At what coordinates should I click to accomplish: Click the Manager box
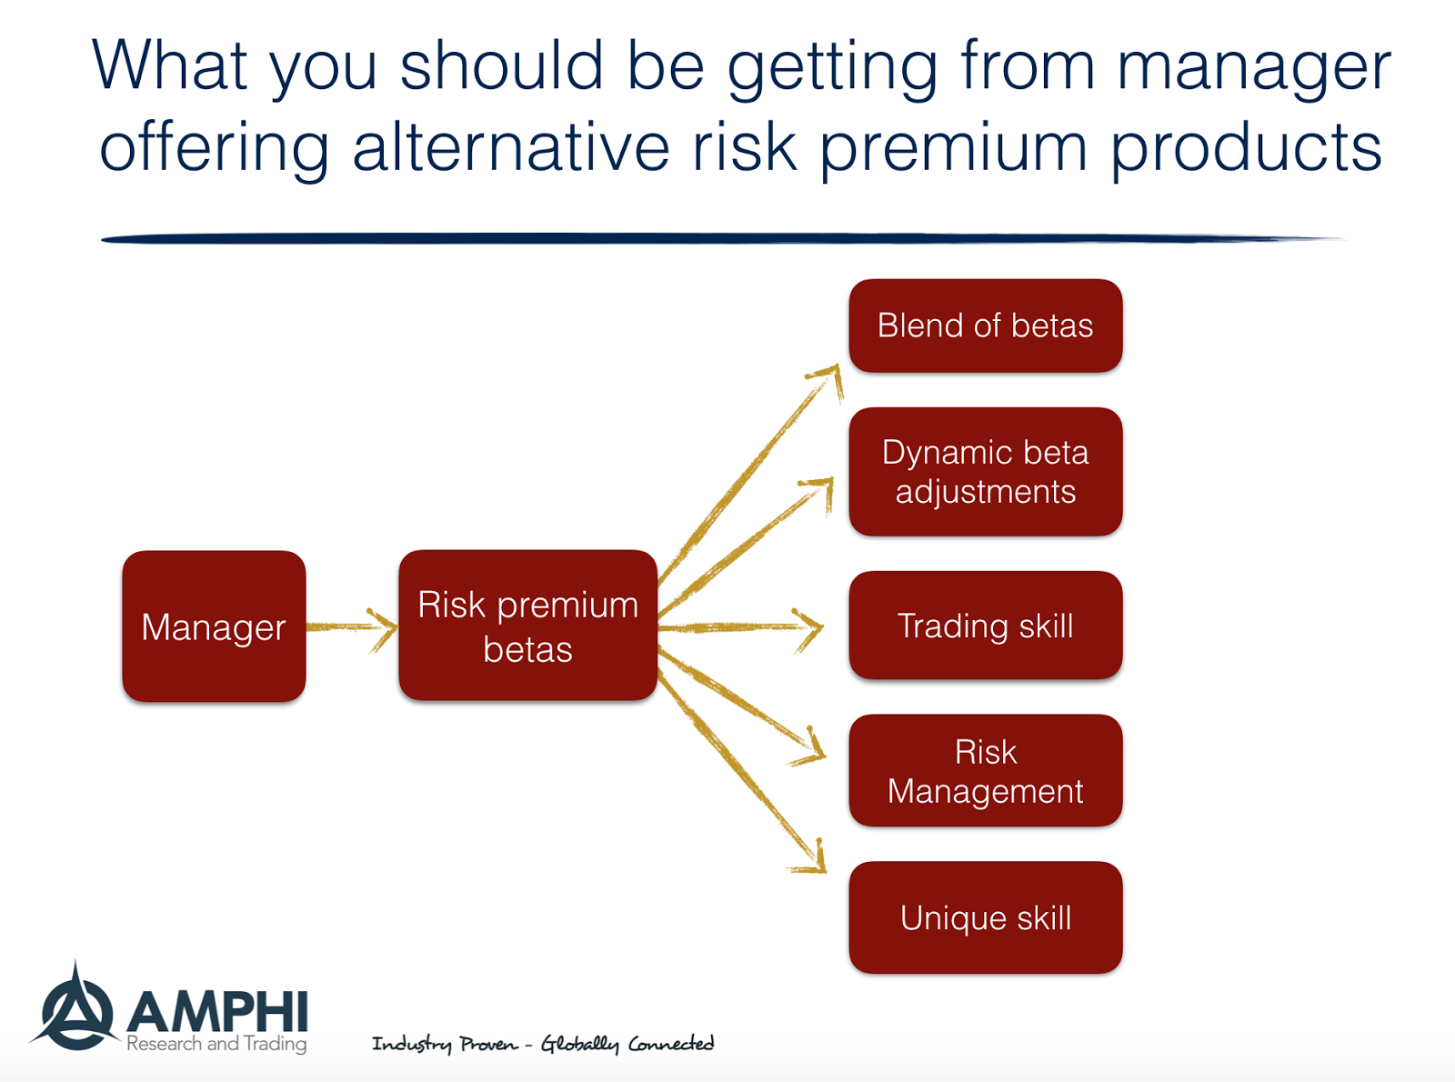point(214,626)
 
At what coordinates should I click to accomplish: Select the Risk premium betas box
point(528,626)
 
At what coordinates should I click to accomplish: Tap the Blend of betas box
point(985,326)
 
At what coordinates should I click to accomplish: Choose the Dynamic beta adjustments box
point(985,472)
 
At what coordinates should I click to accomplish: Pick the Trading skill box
point(985,626)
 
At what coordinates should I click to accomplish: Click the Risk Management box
point(985,770)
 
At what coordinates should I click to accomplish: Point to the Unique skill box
point(985,917)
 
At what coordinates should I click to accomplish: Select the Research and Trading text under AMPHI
point(216,1043)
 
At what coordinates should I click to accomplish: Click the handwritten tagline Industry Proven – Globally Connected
point(543,1043)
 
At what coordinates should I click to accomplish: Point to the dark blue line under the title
point(722,239)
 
